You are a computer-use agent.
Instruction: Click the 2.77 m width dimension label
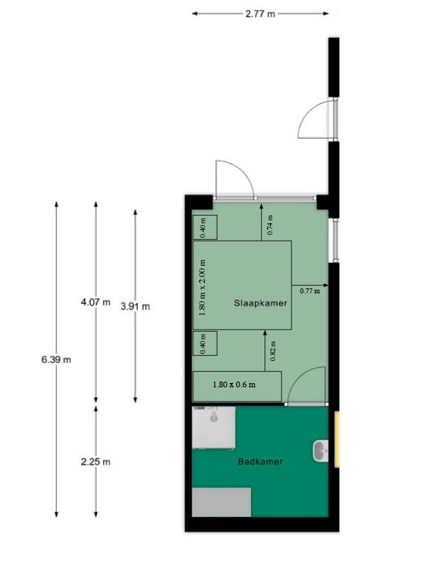coord(260,14)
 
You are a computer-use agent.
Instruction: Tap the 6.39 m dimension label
coord(56,360)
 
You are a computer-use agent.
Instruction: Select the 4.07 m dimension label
coord(96,302)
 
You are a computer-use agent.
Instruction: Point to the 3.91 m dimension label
coord(136,306)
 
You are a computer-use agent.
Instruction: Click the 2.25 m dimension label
coord(96,461)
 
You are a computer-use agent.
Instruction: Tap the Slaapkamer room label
coord(260,303)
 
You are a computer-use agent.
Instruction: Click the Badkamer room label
coord(260,461)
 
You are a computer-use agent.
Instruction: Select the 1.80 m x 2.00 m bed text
coord(202,288)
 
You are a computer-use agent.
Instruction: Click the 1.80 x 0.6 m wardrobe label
coord(234,384)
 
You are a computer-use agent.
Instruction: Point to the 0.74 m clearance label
coord(270,225)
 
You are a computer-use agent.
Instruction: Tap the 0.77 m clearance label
coord(310,290)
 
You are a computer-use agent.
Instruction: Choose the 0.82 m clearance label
coord(273,351)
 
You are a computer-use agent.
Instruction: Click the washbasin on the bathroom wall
coord(321,451)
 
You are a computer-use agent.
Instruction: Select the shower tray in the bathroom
coord(214,428)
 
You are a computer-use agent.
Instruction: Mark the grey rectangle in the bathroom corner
coord(221,502)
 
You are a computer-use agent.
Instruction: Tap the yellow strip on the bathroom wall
coord(337,439)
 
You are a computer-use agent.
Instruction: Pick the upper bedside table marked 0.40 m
coord(205,227)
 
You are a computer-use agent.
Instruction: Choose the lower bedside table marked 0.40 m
coord(205,343)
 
